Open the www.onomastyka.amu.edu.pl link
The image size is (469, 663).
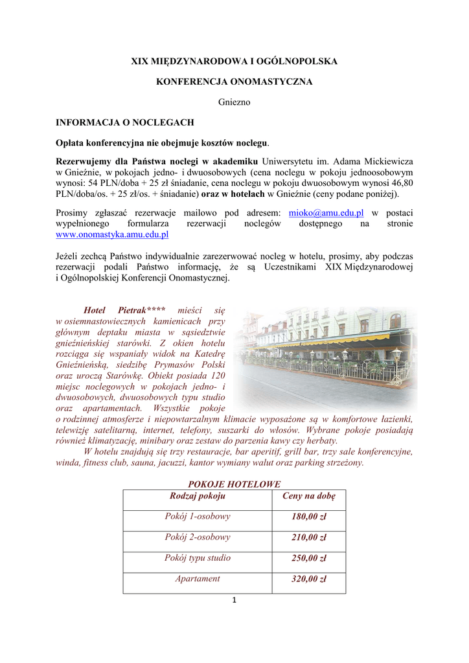[x=112, y=234]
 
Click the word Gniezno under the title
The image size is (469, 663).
[x=234, y=102]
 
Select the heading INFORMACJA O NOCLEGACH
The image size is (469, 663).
[x=125, y=122]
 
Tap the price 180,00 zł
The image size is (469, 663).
[x=308, y=517]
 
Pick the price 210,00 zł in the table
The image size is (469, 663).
[x=308, y=537]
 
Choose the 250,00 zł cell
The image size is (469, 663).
[x=308, y=558]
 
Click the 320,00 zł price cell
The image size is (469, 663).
[x=308, y=579]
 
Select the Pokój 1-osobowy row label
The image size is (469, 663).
[x=198, y=517]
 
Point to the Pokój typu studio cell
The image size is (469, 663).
[x=198, y=558]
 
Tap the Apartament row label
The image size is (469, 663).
[x=198, y=579]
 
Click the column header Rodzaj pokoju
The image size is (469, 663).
[x=198, y=496]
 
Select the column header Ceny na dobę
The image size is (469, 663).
[x=309, y=496]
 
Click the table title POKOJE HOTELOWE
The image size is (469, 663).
[x=234, y=484]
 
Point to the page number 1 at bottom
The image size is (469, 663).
[x=234, y=600]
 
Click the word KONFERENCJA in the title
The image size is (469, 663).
[x=192, y=82]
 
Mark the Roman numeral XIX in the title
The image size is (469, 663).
[x=140, y=62]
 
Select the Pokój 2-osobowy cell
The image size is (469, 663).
[x=198, y=537]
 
